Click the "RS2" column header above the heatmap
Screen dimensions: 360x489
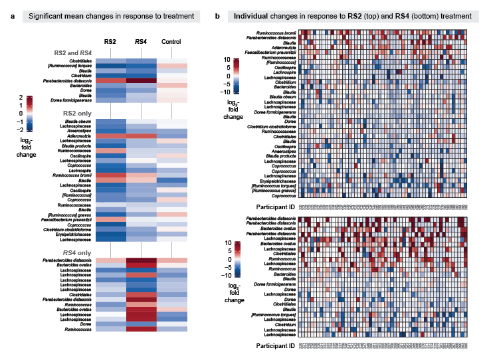(x=109, y=42)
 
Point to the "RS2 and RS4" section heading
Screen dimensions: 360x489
(x=73, y=52)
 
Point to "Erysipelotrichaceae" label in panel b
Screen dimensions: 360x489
(x=273, y=179)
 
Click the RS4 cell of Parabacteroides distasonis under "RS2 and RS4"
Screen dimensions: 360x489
(x=140, y=81)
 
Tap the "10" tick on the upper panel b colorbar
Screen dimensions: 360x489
(x=226, y=60)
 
